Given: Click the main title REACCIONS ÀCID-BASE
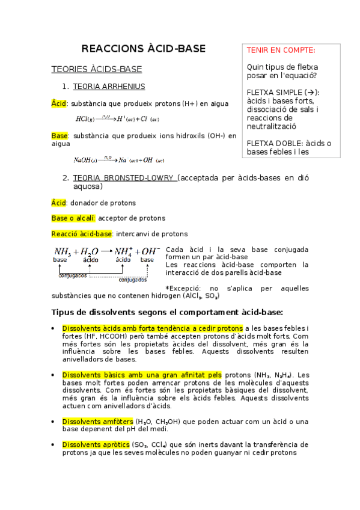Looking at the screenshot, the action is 143,49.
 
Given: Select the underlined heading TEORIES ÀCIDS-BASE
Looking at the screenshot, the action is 96,70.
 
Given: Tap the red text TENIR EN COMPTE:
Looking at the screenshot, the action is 281,51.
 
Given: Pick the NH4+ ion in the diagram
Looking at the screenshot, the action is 123,251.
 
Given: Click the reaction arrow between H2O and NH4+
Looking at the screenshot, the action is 106,251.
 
